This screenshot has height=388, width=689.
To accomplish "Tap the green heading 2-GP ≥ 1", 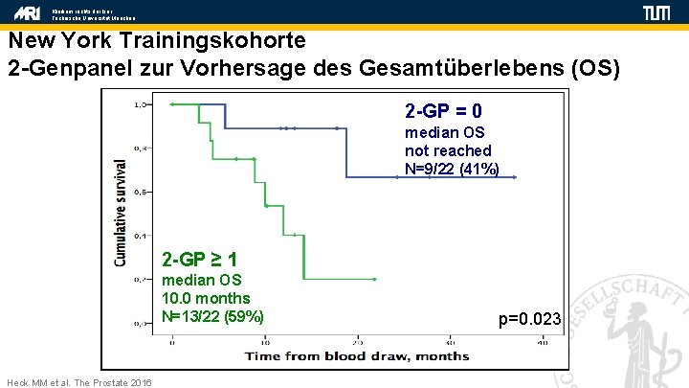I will point(200,260).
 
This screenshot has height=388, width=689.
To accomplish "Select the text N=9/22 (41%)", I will point(452,169).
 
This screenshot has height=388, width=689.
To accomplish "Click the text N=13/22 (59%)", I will point(212,316).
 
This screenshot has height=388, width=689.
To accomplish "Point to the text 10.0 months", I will point(206,298).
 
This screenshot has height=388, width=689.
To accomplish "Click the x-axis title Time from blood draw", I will point(356,356).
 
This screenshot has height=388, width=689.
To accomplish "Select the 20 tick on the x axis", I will point(357,340).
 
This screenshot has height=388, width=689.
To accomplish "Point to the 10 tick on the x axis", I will point(265,340).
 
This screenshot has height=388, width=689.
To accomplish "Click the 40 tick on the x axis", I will point(542,340).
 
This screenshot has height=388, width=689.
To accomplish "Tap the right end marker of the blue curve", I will point(515,176).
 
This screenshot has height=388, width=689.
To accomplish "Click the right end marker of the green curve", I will point(375,280).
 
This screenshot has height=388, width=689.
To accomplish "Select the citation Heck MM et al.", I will point(78,382).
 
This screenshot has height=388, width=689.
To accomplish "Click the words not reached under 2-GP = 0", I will point(448,150).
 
